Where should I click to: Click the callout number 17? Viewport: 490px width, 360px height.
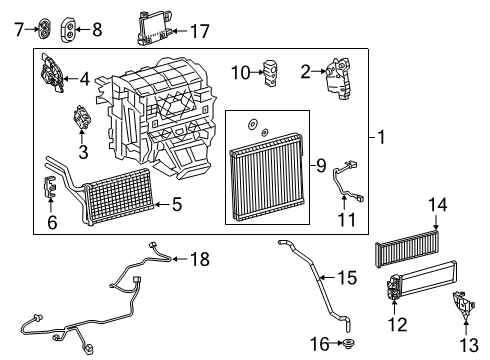(200, 31)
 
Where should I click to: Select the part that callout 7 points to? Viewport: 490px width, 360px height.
(44, 29)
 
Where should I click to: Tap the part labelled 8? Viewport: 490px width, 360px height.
(68, 29)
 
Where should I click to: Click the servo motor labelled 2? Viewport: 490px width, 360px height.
(338, 78)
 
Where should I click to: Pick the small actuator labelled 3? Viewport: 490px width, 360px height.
(82, 117)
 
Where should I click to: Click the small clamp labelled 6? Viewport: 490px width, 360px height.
(50, 186)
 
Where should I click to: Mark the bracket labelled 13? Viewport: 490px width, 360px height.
(463, 305)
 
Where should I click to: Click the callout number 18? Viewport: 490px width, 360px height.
(200, 259)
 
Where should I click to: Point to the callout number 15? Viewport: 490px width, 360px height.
(347, 277)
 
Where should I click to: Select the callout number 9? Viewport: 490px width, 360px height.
(321, 165)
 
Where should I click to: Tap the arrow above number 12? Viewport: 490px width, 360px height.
(394, 307)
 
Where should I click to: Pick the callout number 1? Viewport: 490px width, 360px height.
(381, 137)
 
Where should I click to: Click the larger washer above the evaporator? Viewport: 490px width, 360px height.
(252, 124)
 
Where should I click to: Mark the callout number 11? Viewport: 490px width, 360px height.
(347, 220)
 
